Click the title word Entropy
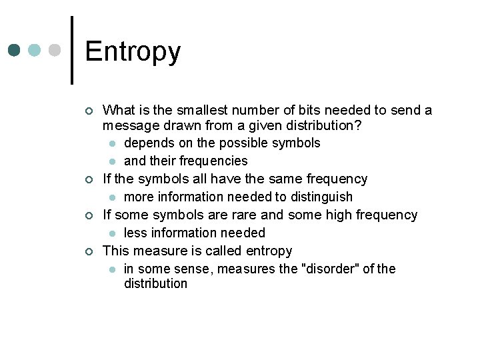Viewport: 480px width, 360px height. pyautogui.click(x=133, y=52)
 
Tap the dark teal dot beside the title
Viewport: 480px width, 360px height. pyautogui.click(x=15, y=51)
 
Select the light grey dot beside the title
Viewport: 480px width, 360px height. pyautogui.click(x=56, y=51)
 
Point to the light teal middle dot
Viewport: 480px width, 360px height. pyautogui.click(x=35, y=51)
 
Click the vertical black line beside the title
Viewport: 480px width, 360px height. pyautogui.click(x=72, y=50)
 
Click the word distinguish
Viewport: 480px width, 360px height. pyautogui.click(x=325, y=197)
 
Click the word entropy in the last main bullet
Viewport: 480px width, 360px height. pyautogui.click(x=269, y=251)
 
